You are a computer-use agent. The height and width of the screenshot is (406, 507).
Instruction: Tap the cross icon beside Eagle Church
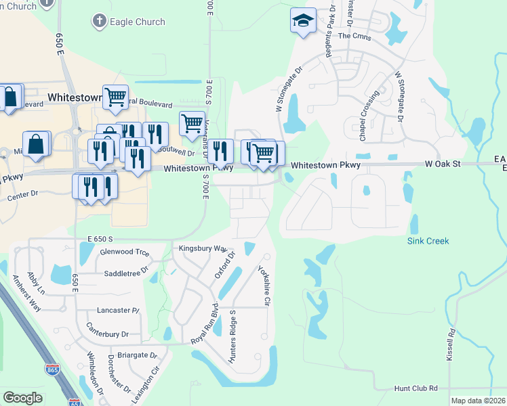[x=99, y=22]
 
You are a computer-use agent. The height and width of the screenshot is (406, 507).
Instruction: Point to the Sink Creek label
[x=428, y=241]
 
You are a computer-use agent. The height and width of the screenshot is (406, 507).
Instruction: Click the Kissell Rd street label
[x=450, y=345]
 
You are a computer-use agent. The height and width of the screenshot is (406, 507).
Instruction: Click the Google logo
[x=22, y=397]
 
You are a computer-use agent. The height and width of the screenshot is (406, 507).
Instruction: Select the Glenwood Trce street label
[x=124, y=252]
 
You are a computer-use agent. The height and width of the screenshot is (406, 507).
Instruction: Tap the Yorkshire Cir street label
[x=264, y=285]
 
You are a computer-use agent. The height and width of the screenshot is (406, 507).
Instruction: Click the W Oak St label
[x=443, y=164]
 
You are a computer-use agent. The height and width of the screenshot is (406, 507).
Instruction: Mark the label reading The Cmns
[x=353, y=36]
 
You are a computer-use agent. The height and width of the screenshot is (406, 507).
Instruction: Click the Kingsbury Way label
[x=202, y=248]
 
